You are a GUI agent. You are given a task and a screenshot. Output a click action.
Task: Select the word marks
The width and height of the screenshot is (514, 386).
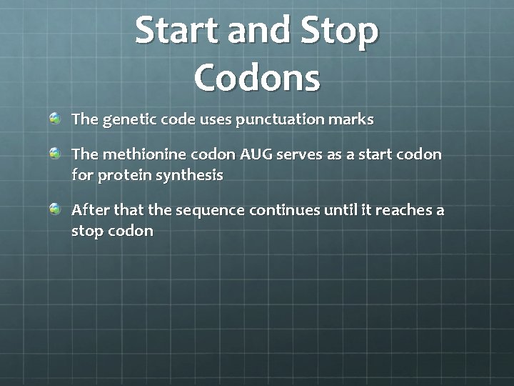[351, 119]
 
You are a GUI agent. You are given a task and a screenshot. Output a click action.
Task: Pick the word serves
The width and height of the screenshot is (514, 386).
[303, 154]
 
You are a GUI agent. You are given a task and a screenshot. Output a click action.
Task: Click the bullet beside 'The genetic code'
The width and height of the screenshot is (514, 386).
[55, 117]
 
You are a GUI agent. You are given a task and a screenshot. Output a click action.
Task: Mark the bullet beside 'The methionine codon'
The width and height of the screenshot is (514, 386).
[55, 153]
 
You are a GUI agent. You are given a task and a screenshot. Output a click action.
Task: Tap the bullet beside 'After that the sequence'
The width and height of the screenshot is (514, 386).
[55, 209]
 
